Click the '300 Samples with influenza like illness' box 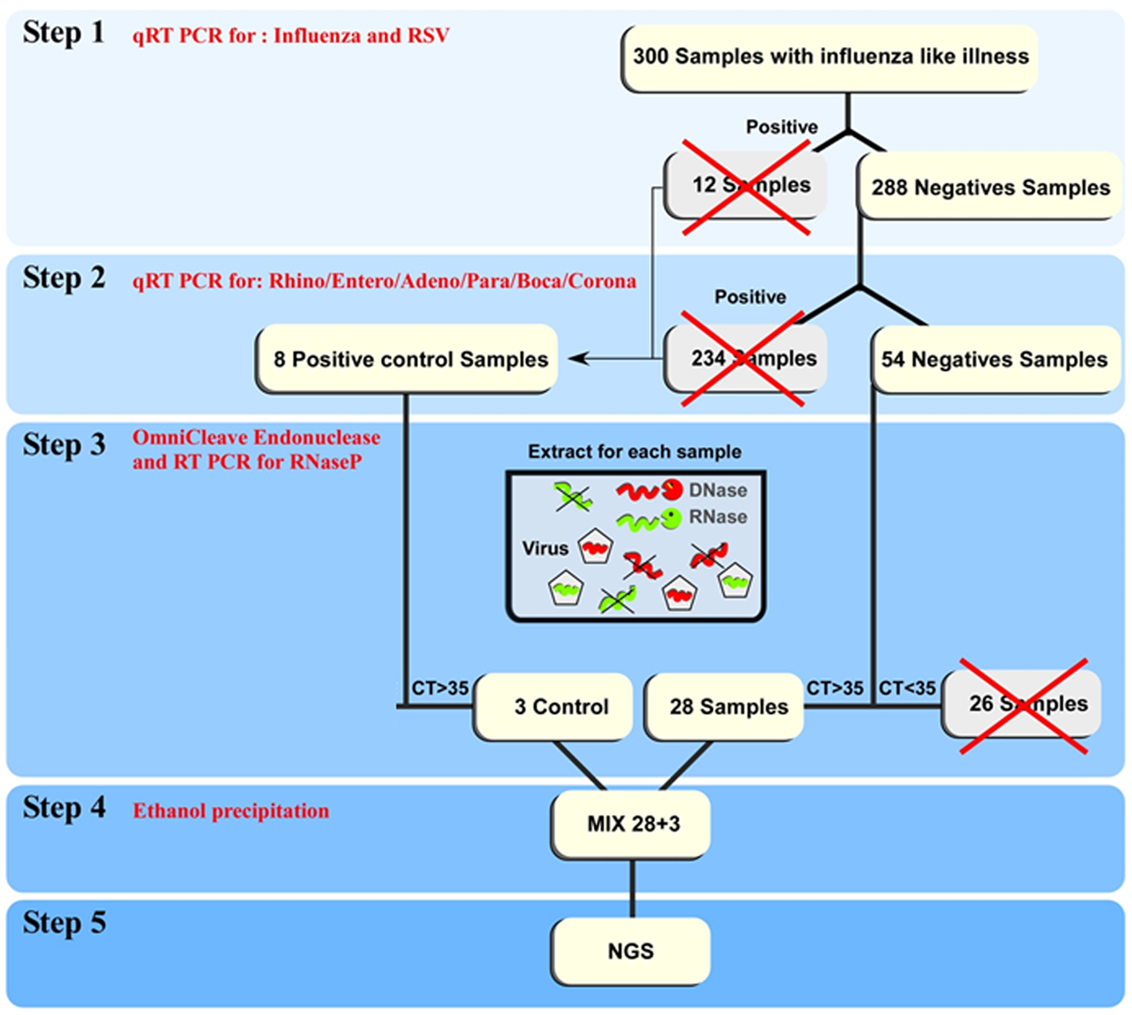pyautogui.click(x=829, y=57)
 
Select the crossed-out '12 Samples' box pyautogui.click(x=746, y=185)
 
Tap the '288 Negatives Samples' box pyautogui.click(x=990, y=188)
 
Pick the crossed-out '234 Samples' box pyautogui.click(x=746, y=358)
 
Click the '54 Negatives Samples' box pyautogui.click(x=994, y=359)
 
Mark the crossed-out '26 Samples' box pyautogui.click(x=1022, y=704)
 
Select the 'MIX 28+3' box pyautogui.click(x=631, y=824)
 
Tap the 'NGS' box pyautogui.click(x=631, y=951)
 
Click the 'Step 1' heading pyautogui.click(x=63, y=33)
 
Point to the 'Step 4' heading pyautogui.click(x=63, y=807)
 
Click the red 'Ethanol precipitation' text pyautogui.click(x=231, y=811)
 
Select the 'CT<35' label pyautogui.click(x=906, y=688)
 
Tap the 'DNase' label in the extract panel pyautogui.click(x=717, y=491)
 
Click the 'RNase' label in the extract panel pyautogui.click(x=717, y=517)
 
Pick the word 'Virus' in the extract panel pyautogui.click(x=545, y=548)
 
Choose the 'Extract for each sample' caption pyautogui.click(x=634, y=452)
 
